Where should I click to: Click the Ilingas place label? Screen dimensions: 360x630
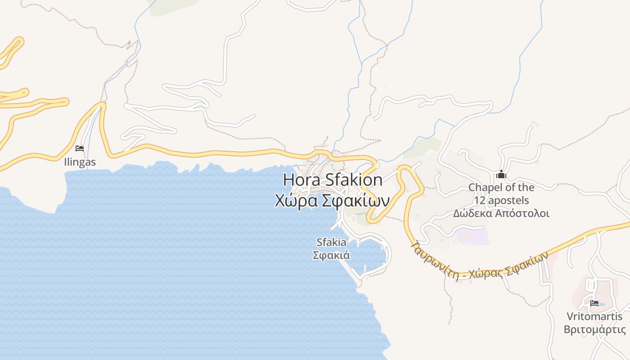tap(80, 162)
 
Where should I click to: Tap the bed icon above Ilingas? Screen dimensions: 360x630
tap(80, 148)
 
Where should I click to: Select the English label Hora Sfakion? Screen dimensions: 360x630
tap(333, 180)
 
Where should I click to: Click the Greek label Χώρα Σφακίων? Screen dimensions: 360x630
tap(332, 200)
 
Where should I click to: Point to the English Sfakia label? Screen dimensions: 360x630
tap(332, 243)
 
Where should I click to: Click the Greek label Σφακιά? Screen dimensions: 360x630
tap(332, 255)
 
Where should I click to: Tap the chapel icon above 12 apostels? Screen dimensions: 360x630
tap(501, 175)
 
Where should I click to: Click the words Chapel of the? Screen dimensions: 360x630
tap(501, 187)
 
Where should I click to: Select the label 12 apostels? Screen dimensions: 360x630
tap(501, 200)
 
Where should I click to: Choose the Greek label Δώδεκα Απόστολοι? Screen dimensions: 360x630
tap(501, 213)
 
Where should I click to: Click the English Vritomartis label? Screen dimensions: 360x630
tap(594, 316)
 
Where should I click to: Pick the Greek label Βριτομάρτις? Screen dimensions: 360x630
tap(594, 329)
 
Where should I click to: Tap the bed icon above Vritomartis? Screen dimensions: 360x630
tap(594, 303)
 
